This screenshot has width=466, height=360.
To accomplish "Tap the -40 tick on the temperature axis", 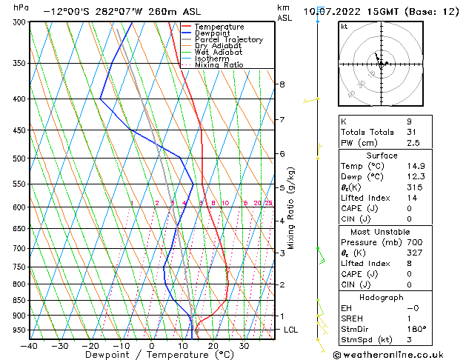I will point(30,345).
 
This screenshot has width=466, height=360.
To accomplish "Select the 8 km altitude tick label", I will point(282,84).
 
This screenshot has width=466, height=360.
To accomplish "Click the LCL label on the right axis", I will point(290,330).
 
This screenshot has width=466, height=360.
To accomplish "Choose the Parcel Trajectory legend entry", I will point(228,39).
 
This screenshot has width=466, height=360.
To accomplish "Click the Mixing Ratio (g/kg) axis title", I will point(291,207).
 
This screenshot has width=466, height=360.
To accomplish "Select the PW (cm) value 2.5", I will point(413,143).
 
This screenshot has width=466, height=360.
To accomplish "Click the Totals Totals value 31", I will point(412,132).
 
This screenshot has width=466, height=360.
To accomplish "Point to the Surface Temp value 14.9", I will point(416,166).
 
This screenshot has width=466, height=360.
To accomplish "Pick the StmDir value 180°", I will point(416,329).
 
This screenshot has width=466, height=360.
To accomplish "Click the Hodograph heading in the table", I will point(382,297).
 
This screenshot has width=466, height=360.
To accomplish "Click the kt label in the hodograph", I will point(344,26).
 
